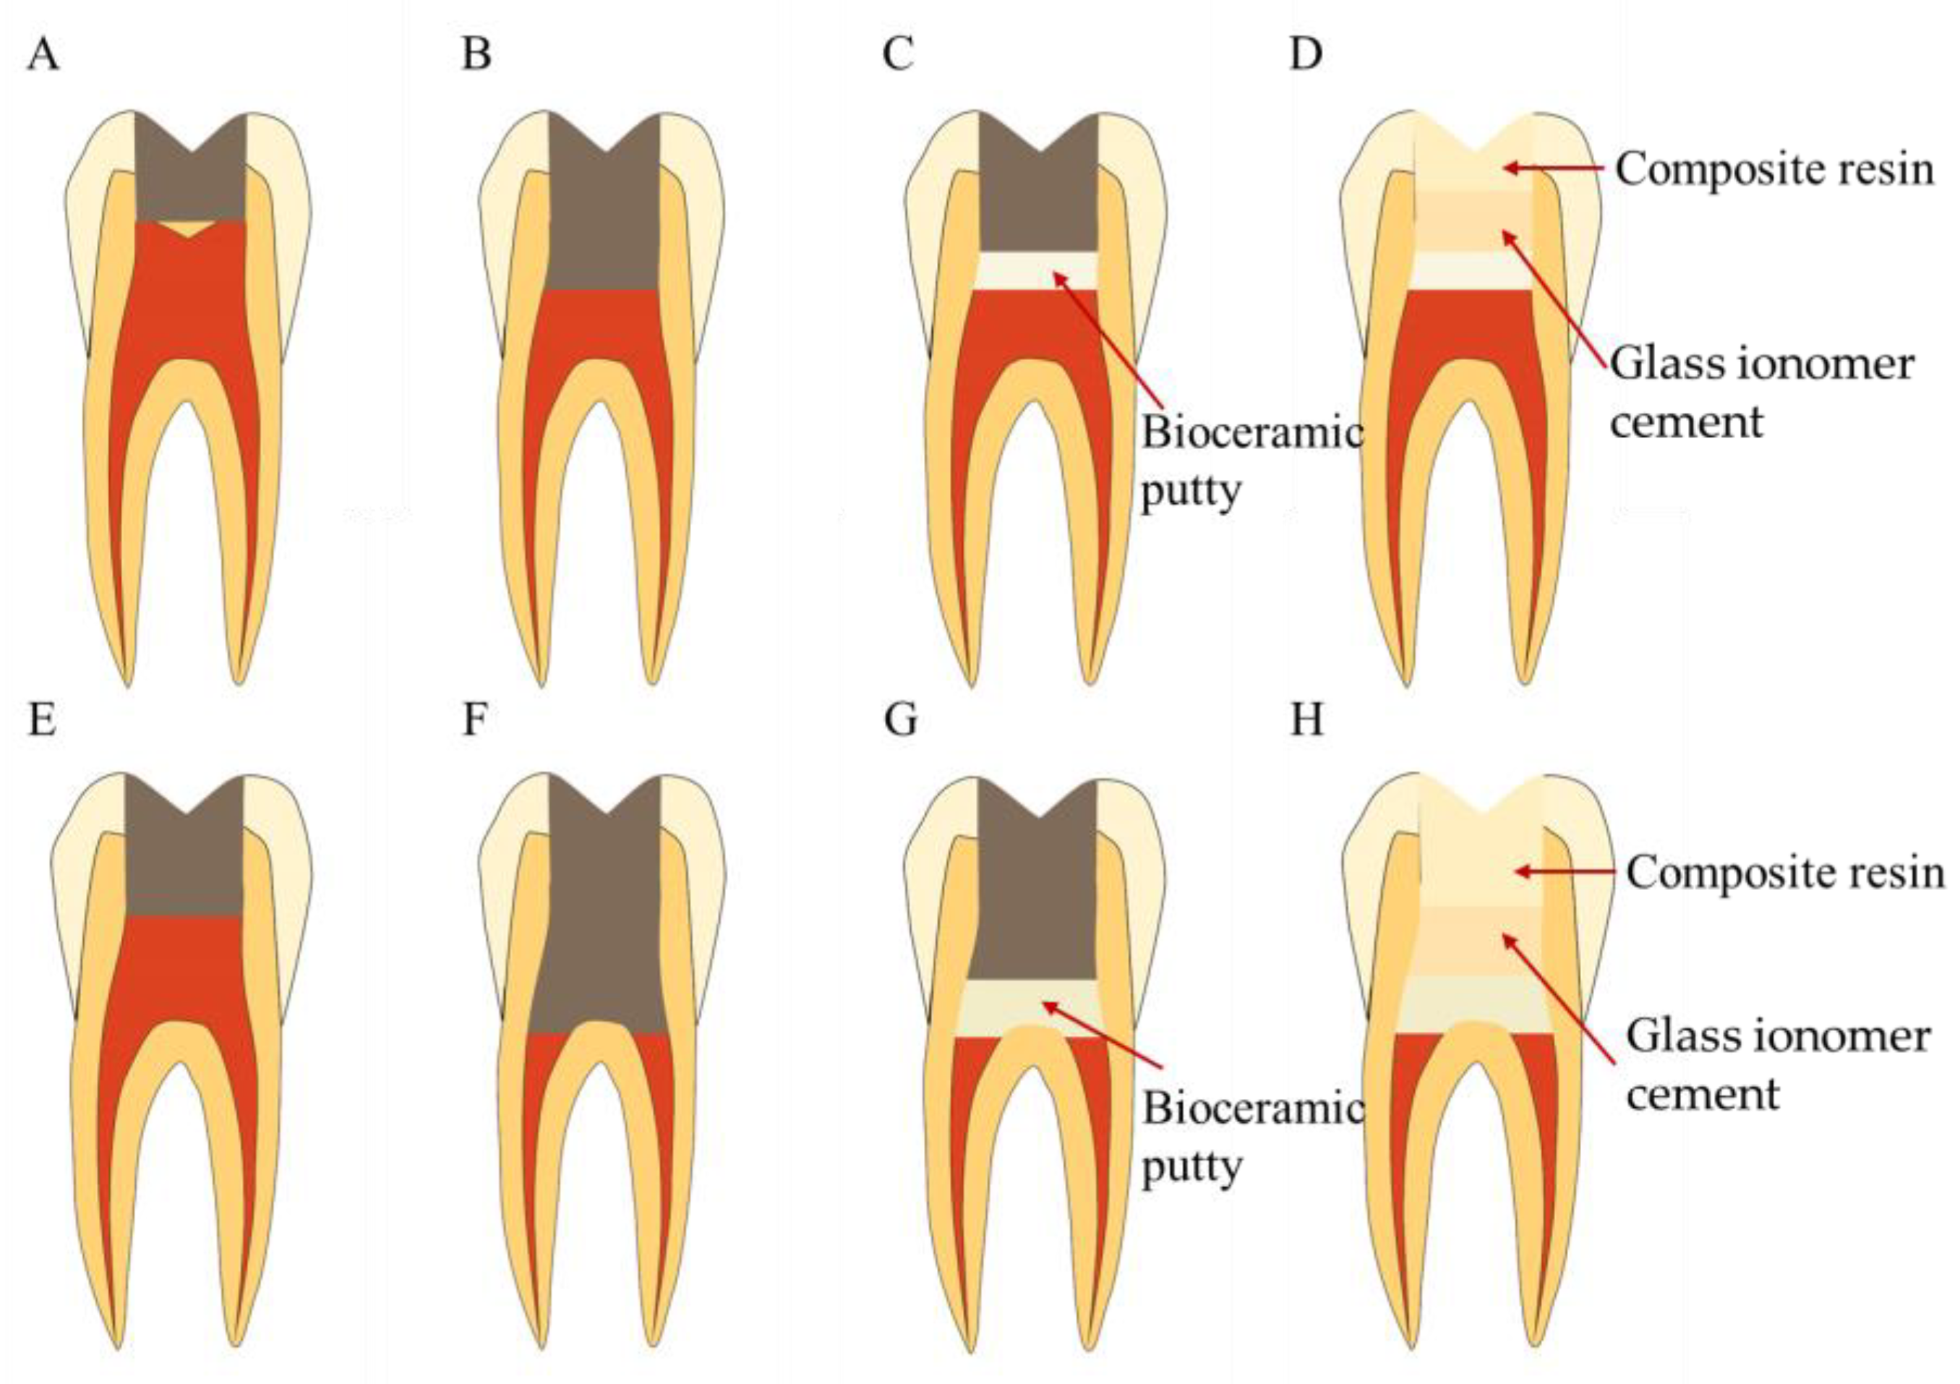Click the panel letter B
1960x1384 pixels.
pyautogui.click(x=476, y=56)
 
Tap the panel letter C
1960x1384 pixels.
pyautogui.click(x=898, y=56)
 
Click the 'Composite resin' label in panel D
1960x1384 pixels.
pyautogui.click(x=1774, y=170)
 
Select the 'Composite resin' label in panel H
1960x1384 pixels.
pyautogui.click(x=1784, y=873)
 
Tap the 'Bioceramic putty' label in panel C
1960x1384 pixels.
pyautogui.click(x=1251, y=462)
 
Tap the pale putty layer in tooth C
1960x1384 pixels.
pyautogui.click(x=1038, y=271)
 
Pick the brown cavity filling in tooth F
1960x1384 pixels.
pyautogui.click(x=603, y=922)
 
